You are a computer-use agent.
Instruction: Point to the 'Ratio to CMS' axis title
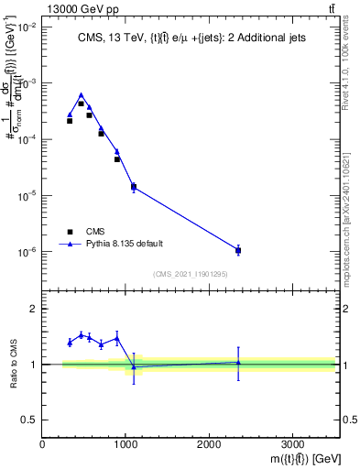(x=13, y=364)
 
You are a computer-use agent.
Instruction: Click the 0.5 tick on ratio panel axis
(x=30, y=420)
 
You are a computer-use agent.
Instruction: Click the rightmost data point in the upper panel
(x=238, y=250)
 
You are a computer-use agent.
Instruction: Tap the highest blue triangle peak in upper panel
(x=81, y=94)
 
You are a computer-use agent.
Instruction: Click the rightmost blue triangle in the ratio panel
(x=238, y=362)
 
